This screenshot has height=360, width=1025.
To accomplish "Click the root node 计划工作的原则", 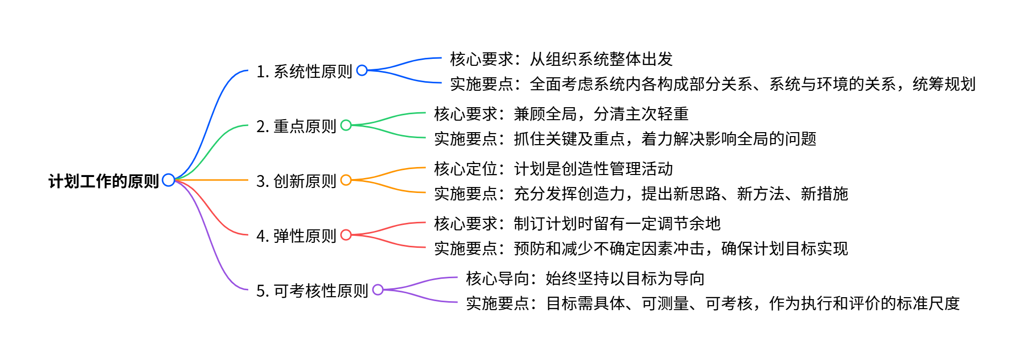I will [104, 181].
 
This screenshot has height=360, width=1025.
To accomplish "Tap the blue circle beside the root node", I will [169, 180].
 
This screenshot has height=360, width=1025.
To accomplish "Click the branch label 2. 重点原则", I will [296, 126].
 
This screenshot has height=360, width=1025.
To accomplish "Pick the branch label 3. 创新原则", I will [296, 181].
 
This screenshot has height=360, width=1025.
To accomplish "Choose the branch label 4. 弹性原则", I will [296, 236].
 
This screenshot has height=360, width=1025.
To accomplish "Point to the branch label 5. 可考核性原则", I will [312, 291].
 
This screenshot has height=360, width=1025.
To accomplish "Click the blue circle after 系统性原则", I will [362, 70].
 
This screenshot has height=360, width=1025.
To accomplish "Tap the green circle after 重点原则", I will [346, 125].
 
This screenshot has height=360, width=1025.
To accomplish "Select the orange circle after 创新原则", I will [346, 180].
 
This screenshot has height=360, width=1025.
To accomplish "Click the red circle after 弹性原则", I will [346, 235].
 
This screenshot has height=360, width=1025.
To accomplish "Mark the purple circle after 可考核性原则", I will [378, 290].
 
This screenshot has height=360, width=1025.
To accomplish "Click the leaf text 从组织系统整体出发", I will [601, 59].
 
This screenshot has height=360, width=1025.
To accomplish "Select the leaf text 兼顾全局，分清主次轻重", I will [601, 114].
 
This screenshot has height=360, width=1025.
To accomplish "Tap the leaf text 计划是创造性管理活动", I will [593, 169].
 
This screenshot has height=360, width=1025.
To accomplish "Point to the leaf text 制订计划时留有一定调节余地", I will [617, 224].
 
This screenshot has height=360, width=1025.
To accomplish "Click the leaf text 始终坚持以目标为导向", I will [625, 279].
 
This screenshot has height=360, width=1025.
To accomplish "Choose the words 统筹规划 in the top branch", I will [944, 84].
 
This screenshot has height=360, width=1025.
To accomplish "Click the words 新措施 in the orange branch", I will [824, 194].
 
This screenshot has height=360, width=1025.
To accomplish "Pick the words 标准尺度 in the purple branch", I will [928, 304].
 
